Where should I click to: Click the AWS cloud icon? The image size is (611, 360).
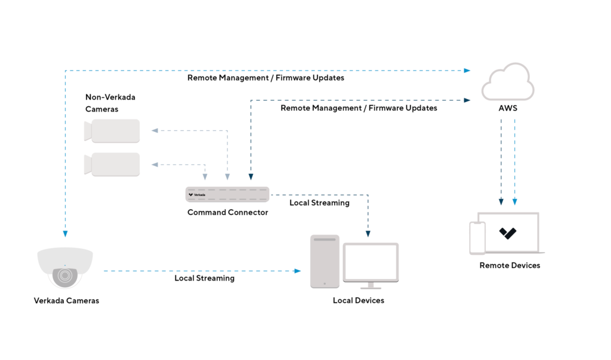507,84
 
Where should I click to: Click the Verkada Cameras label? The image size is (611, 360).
66,300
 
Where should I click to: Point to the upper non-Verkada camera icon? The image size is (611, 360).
113,131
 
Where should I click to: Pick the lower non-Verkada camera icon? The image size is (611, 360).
113,164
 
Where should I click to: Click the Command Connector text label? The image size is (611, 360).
227,213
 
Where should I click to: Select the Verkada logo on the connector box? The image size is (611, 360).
196,195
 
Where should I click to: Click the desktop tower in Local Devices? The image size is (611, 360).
325,261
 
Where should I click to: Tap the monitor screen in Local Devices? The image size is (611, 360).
370,261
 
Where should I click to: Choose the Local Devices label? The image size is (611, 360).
358,300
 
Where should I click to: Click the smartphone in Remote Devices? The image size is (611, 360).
477,238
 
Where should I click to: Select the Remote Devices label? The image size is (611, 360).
510,265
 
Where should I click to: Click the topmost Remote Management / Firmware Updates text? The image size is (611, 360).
266,78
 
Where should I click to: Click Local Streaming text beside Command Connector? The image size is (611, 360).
319,203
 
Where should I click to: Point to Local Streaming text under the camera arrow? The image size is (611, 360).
204,278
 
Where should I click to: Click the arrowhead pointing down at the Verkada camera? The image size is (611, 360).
64,233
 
